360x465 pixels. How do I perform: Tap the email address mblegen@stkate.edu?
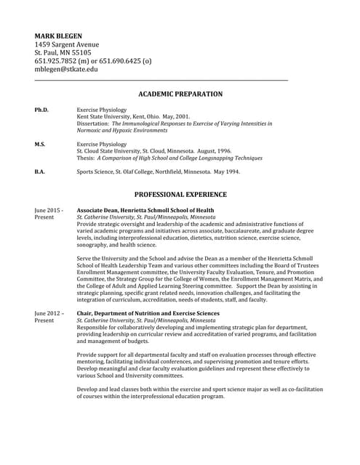click(x=66, y=70)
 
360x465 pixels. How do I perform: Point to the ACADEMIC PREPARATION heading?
click(x=180, y=94)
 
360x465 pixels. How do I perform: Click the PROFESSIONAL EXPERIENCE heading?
click(x=180, y=195)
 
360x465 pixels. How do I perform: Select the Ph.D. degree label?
click(x=41, y=110)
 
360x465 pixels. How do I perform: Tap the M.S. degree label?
click(x=40, y=145)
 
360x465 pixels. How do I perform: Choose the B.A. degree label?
click(x=40, y=172)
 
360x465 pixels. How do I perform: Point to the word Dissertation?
click(x=93, y=124)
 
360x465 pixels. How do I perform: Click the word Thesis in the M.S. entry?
click(x=85, y=158)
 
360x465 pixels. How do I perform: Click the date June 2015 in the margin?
click(x=49, y=210)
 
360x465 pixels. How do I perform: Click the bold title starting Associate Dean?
click(x=145, y=210)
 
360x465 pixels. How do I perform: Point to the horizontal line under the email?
click(x=161, y=80)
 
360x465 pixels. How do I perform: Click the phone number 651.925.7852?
click(x=57, y=61)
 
